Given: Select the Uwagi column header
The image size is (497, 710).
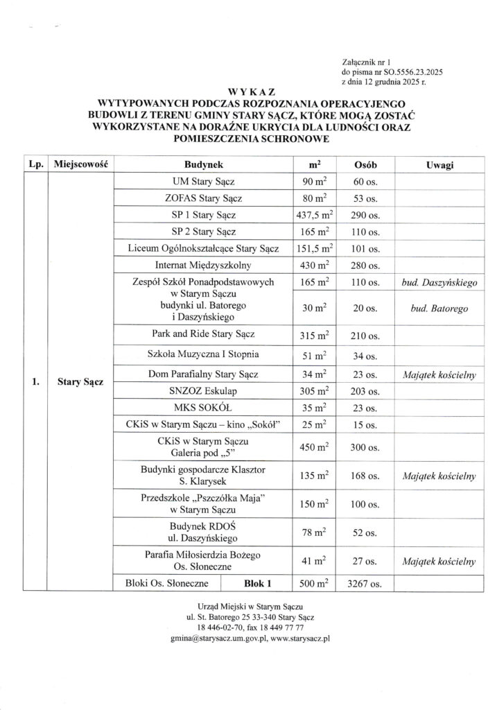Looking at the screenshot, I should [x=435, y=166].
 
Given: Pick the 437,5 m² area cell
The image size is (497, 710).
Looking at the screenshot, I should [x=311, y=215].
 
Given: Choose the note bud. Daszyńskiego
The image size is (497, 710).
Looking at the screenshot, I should [x=437, y=284].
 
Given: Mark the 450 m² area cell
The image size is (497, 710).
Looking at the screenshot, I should [x=311, y=447].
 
